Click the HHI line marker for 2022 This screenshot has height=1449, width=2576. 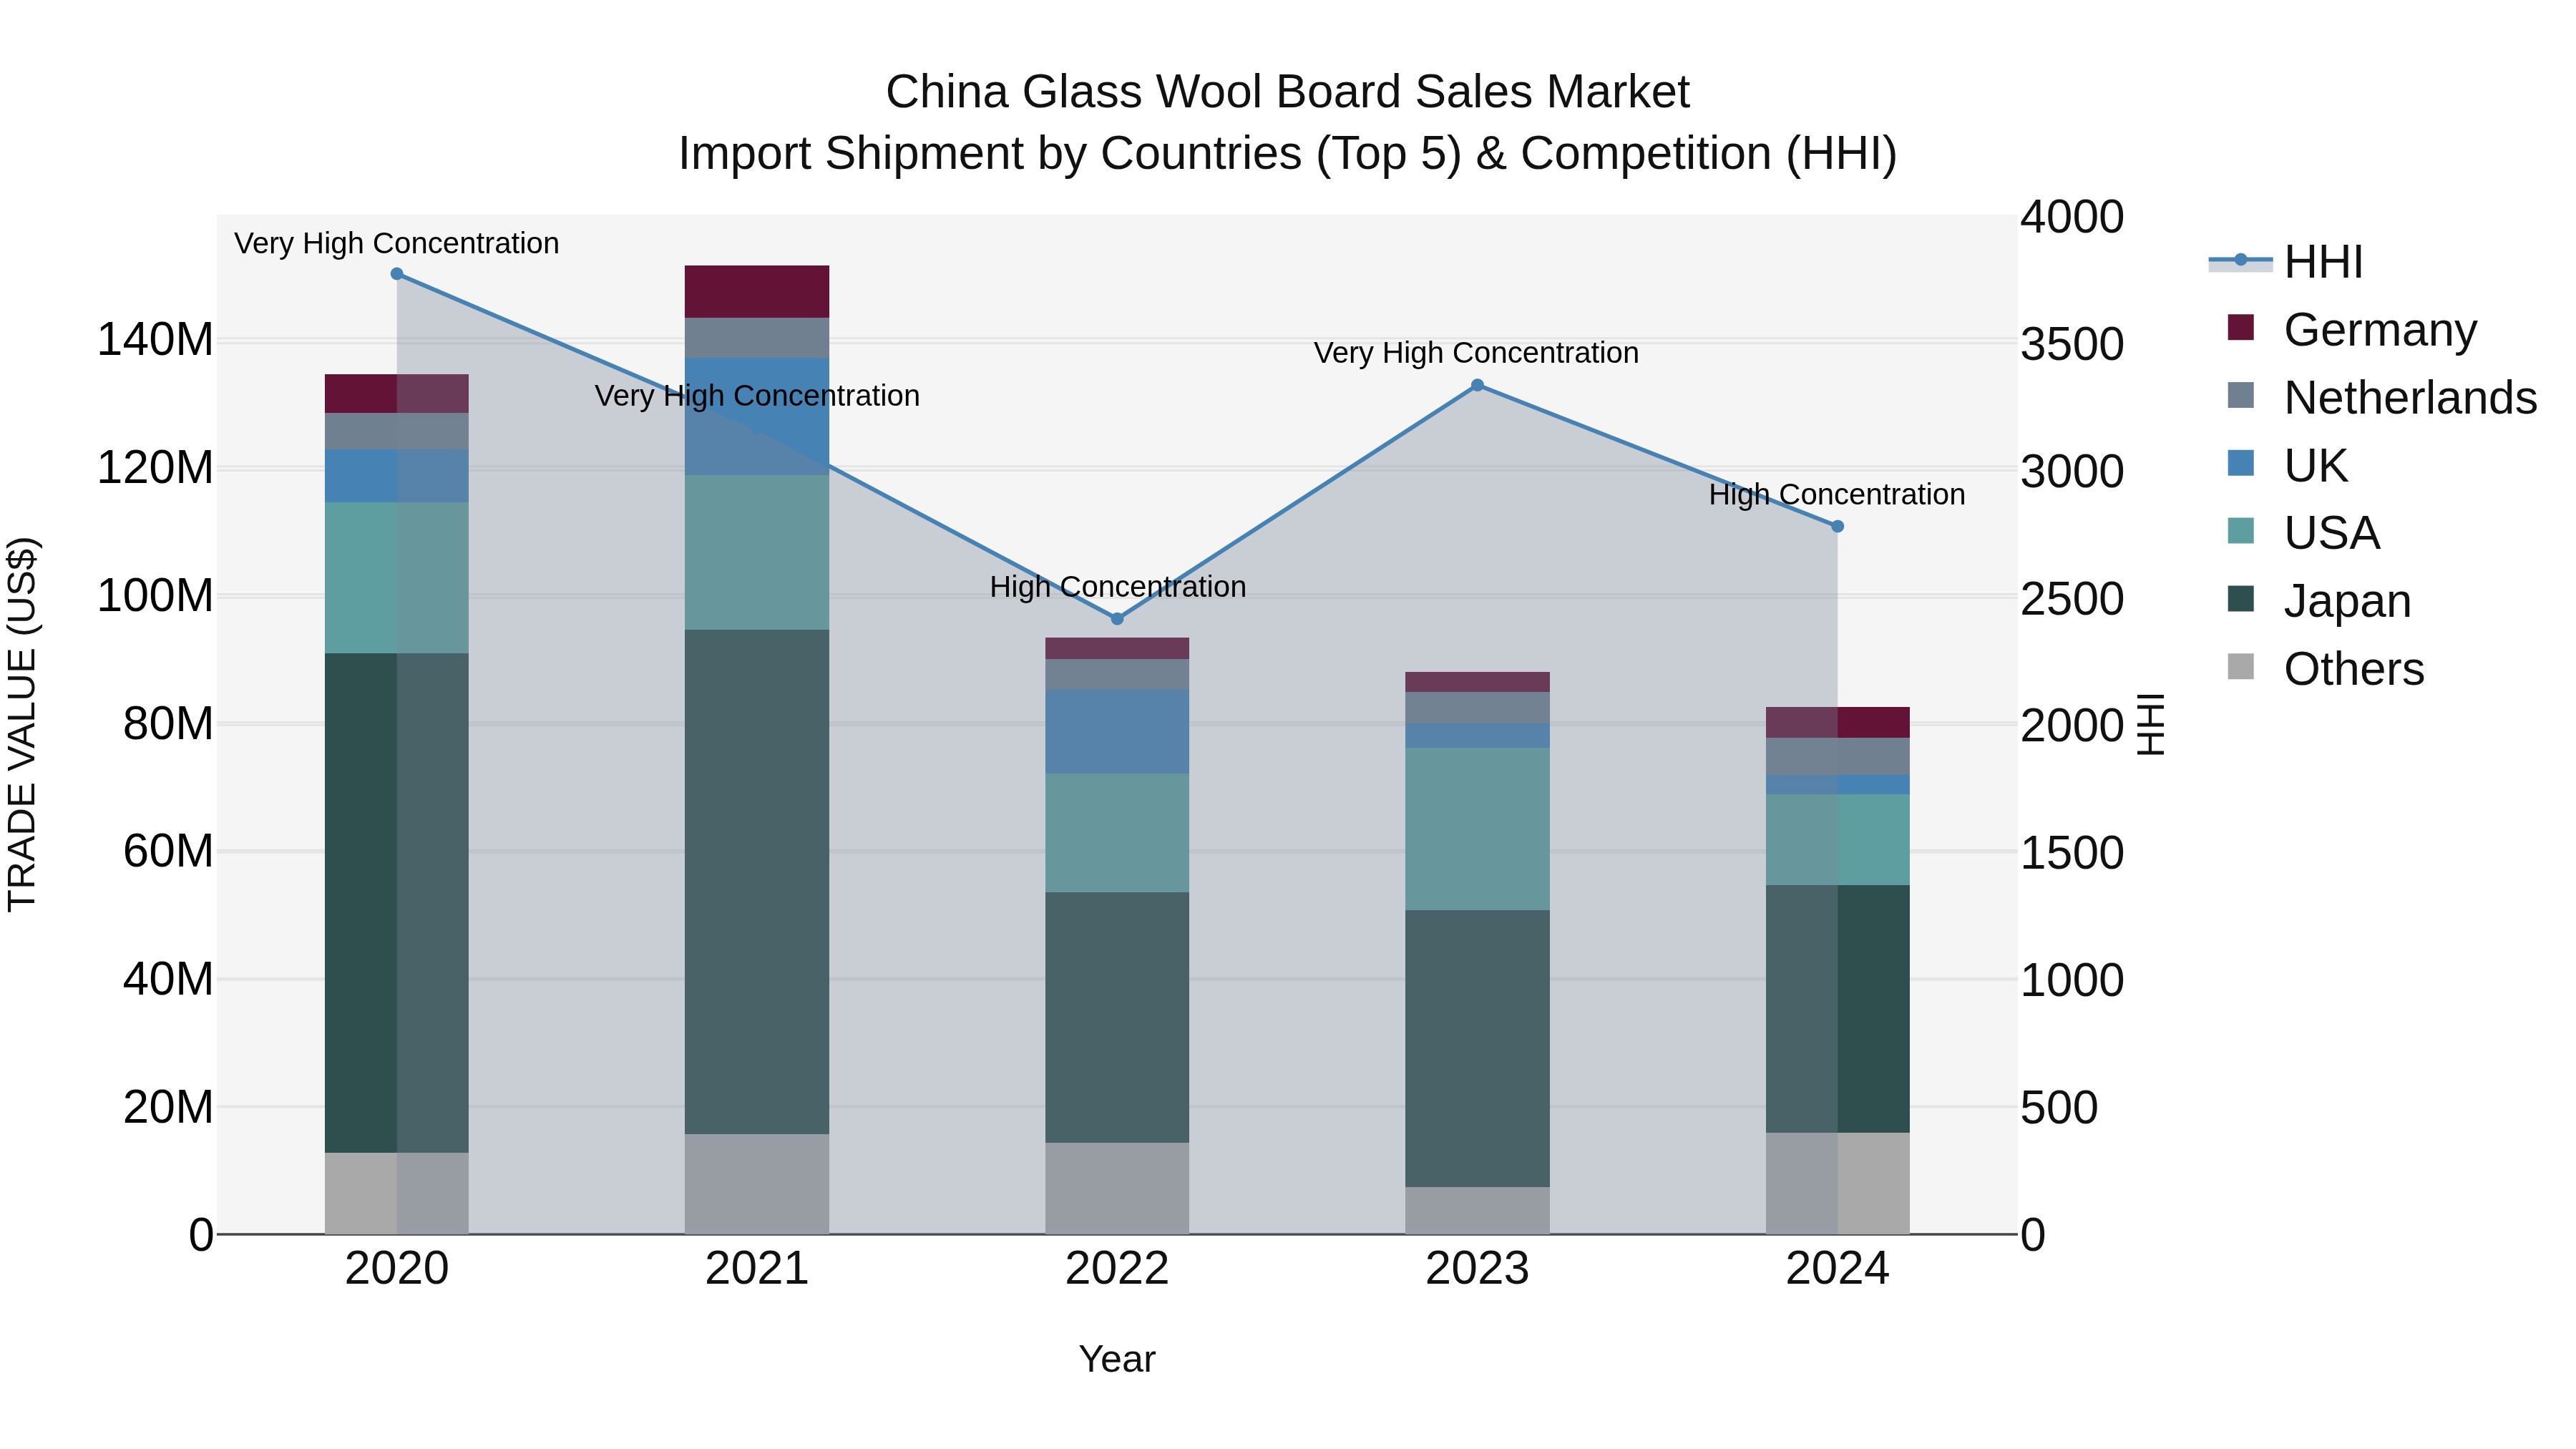1117,619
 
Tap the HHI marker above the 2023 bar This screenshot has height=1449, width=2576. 1477,385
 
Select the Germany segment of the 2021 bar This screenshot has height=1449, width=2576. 757,291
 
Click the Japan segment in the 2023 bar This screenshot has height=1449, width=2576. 1477,1048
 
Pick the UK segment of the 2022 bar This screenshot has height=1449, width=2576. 1117,731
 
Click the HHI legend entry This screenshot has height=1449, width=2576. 2323,262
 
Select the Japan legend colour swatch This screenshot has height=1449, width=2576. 2241,599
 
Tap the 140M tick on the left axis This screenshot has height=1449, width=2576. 155,340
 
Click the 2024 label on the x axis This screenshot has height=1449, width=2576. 1837,1269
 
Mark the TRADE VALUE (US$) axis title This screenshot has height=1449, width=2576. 22,724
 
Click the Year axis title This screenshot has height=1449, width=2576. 1117,1359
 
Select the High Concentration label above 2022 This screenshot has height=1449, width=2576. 1117,586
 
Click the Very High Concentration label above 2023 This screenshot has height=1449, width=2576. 1476,353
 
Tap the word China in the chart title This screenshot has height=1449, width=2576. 946,92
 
